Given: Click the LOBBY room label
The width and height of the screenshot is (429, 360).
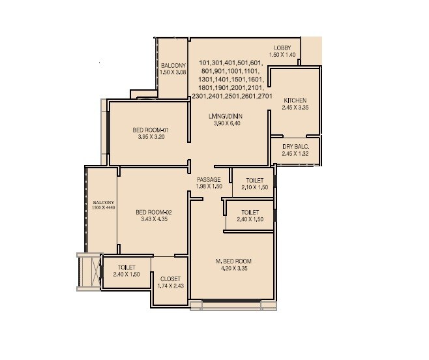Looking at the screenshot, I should [x=282, y=48].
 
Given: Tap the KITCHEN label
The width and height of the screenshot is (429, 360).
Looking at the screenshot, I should [x=295, y=100].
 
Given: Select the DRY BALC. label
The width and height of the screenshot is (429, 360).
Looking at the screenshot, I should [x=295, y=146].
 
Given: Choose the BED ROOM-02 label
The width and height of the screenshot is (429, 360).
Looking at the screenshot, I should [x=153, y=212].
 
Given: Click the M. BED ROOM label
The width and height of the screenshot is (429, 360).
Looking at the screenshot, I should [x=233, y=262].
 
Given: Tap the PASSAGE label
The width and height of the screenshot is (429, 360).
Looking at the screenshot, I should [x=209, y=179].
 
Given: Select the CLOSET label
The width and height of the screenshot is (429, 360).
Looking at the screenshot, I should [x=170, y=278].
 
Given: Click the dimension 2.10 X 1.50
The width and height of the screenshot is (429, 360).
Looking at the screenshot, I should [x=254, y=187].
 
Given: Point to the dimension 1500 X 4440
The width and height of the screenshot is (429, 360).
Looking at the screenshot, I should [x=103, y=207].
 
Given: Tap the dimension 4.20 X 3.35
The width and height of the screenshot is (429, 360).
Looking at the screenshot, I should [x=233, y=269].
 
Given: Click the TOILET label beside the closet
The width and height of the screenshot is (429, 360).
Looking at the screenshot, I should [x=126, y=267].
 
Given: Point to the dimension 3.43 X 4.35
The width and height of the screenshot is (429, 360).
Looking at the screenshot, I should [x=153, y=219].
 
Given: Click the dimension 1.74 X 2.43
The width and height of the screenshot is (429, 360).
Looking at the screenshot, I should [x=170, y=285].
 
